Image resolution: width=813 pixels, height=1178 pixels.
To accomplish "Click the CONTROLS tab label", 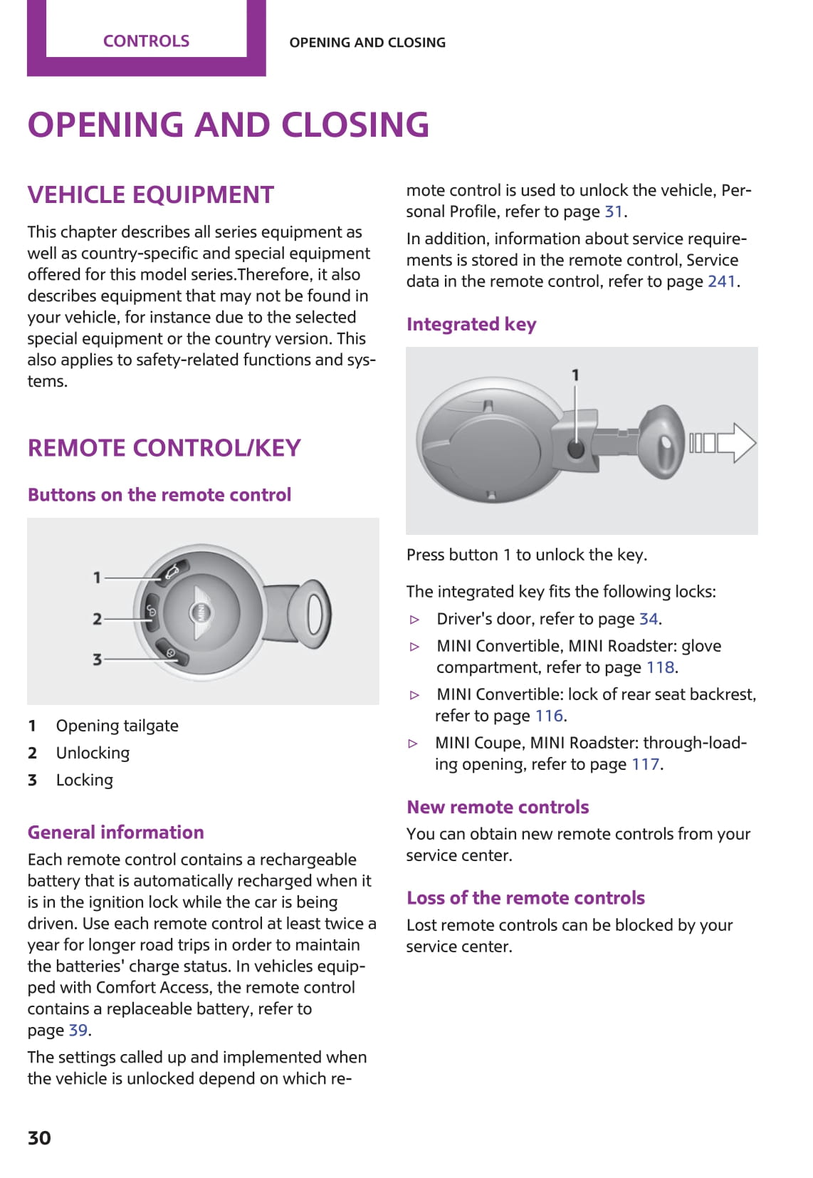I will coord(146,41).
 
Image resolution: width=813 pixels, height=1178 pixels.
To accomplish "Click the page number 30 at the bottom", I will coord(39,1137).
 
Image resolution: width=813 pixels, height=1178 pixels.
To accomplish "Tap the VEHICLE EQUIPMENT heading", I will coord(150,194).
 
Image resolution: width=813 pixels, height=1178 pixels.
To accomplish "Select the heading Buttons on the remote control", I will coord(159,494).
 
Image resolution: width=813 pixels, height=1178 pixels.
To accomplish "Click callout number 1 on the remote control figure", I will coord(97,577).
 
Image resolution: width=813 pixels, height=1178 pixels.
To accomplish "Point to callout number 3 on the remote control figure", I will coord(97,660).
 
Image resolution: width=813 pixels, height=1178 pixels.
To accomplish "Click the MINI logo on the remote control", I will coord(201,612).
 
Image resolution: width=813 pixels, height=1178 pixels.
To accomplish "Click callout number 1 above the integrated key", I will coord(575,375).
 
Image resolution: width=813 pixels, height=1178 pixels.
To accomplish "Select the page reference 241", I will coord(721,281).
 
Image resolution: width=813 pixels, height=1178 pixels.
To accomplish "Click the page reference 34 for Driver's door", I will coord(648,619).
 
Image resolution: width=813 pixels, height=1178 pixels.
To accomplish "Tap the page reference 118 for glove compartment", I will coord(660,667).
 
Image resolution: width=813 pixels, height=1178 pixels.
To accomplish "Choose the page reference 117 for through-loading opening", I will coord(645,764).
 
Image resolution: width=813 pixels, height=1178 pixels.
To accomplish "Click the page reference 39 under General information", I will coord(78,1030).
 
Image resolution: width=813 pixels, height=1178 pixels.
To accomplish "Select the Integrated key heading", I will coord(471,324).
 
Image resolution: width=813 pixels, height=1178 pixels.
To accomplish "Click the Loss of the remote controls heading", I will coord(525,897).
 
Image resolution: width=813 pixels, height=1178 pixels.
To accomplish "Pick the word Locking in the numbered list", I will coord(85,780).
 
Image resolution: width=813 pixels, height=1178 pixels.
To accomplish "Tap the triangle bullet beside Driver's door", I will coord(415,620).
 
